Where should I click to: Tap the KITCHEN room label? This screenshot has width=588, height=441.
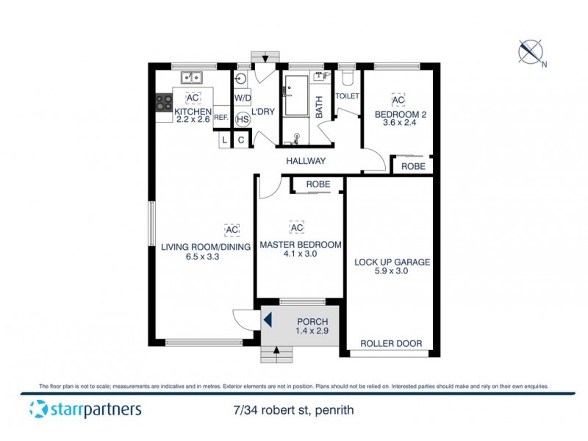[193, 111]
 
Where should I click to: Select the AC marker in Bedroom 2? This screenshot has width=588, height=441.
[398, 101]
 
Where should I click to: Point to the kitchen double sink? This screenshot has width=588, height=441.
[192, 76]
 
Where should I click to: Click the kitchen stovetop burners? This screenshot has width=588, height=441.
[162, 104]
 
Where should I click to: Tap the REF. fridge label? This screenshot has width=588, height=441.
[220, 117]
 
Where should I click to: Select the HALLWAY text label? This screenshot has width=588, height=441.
[306, 161]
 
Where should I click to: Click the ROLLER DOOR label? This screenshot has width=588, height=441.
[390, 343]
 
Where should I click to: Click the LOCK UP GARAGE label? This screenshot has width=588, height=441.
[392, 262]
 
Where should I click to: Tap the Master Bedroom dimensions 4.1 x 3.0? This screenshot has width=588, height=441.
[301, 255]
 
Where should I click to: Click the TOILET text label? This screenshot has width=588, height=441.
[347, 96]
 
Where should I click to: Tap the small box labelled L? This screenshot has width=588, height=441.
[225, 140]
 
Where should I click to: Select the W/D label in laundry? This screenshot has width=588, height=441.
[242, 98]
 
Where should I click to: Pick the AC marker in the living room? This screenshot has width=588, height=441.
[232, 230]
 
